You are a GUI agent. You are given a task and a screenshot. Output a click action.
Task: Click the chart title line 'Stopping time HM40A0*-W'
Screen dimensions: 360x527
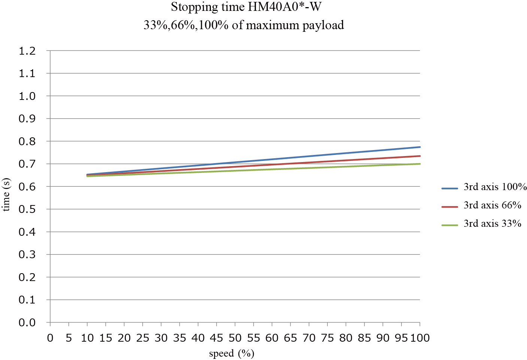click(x=246, y=7)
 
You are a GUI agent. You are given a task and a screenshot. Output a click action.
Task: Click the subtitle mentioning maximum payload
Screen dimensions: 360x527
click(x=244, y=25)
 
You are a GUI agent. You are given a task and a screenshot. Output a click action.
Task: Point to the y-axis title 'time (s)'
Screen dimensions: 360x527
click(x=6, y=195)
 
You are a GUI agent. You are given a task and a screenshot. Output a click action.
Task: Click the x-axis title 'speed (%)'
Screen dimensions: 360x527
click(x=231, y=353)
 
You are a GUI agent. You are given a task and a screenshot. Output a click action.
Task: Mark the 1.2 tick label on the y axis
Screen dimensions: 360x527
click(x=27, y=51)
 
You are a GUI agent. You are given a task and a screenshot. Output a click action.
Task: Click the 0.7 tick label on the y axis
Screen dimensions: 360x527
click(x=27, y=164)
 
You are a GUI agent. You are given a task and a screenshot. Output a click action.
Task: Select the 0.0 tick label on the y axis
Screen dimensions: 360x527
click(x=27, y=323)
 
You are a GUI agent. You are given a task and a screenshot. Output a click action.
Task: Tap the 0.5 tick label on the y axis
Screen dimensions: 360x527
click(x=27, y=209)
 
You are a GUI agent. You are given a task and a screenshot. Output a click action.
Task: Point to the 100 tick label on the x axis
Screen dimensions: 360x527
click(x=420, y=338)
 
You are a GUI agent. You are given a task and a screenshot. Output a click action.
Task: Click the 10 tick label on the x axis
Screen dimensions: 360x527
click(x=87, y=338)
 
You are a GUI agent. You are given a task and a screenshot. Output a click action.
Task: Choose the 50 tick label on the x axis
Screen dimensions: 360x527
click(x=235, y=338)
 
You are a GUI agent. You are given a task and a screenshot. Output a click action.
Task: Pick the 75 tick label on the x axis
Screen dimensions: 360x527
click(x=327, y=338)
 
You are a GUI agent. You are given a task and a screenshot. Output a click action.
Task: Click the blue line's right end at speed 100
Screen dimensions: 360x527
click(x=420, y=147)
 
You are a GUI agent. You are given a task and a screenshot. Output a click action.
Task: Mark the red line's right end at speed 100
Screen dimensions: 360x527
click(x=420, y=156)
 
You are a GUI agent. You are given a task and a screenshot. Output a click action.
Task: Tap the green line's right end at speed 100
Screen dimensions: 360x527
click(x=420, y=164)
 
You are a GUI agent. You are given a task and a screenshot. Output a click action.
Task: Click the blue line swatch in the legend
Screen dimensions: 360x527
click(x=449, y=189)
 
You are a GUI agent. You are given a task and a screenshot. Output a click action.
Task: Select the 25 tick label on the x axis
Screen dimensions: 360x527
click(x=143, y=338)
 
